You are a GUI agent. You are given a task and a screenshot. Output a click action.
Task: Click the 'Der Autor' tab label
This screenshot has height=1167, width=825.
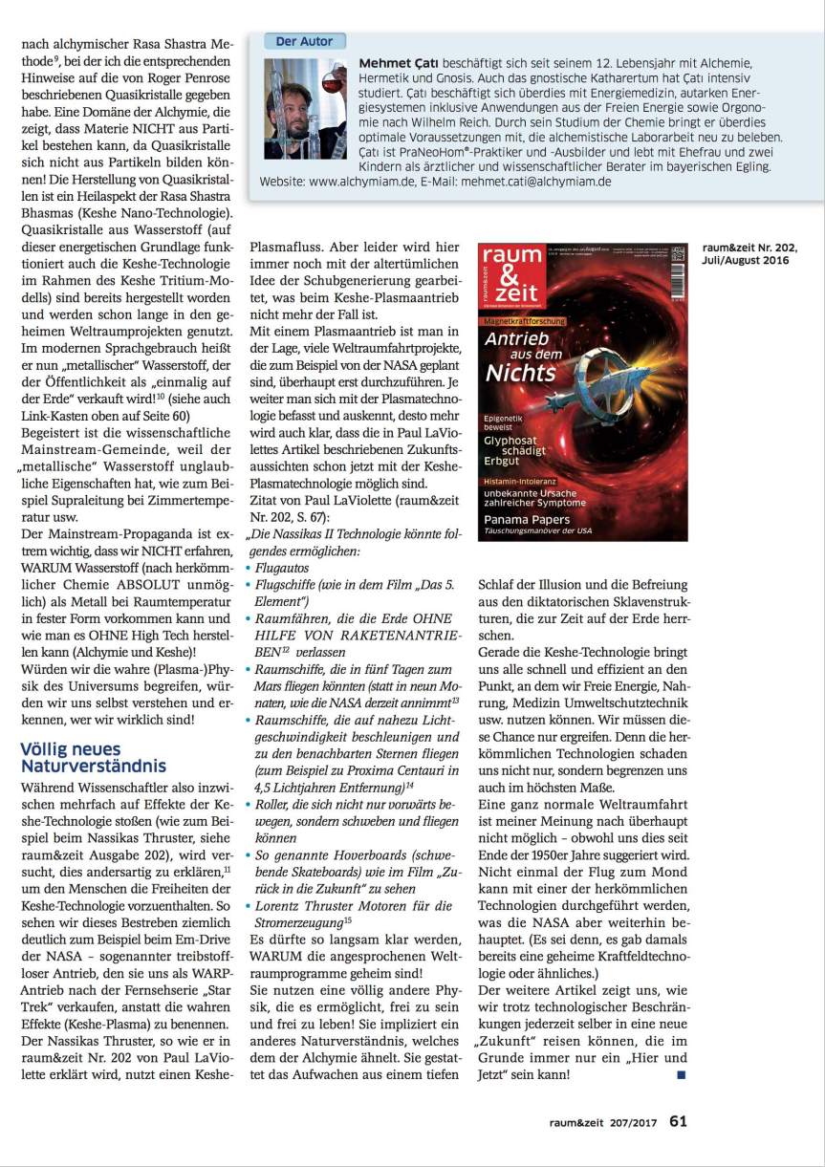(304, 41)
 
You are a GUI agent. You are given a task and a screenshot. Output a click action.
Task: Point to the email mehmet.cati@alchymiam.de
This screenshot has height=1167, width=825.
(535, 181)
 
